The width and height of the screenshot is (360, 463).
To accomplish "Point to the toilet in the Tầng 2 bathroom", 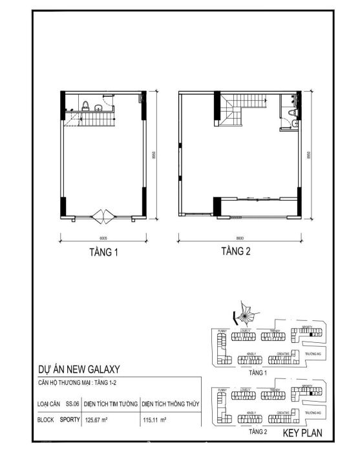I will [291, 123].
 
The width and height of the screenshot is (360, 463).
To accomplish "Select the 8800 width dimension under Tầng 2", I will [239, 236].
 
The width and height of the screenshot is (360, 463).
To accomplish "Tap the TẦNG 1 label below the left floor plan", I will [103, 252].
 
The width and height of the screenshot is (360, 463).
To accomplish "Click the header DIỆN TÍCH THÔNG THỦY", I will [169, 404].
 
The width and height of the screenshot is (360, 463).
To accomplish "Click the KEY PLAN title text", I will [302, 434].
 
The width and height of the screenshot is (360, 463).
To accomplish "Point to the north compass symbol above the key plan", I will [244, 314].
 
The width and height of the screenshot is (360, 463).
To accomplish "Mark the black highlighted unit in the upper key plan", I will [311, 335].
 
